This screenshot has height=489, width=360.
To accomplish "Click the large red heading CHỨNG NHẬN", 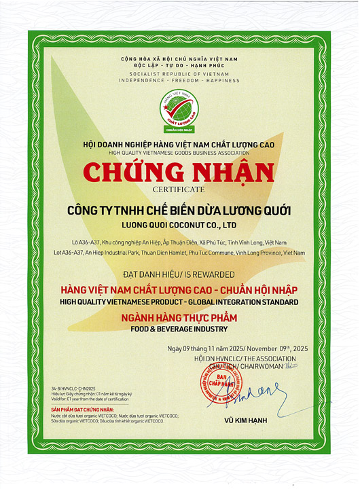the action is coord(179,173).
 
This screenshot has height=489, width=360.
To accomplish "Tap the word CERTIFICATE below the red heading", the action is coord(179,189).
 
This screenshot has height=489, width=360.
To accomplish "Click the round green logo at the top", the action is coord(179,109).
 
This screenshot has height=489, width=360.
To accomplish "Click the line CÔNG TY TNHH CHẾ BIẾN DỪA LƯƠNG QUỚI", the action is coord(179,210).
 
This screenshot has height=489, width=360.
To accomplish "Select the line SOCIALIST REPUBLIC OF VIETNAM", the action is coord(179,73).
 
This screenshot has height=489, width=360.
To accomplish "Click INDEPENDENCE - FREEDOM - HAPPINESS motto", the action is coord(179,80).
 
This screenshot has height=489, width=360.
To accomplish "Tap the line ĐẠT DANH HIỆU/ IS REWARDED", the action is coord(179,275).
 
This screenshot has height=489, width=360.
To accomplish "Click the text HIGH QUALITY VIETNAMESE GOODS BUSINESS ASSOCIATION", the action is coord(179,153).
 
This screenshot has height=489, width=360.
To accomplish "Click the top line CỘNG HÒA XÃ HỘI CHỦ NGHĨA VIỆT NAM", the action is coord(179,59).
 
